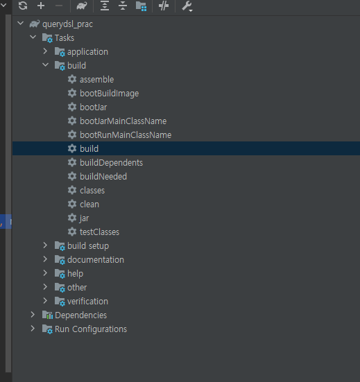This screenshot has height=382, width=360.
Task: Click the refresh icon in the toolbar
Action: pyautogui.click(x=23, y=6)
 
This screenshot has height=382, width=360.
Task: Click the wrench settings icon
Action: pyautogui.click(x=187, y=6)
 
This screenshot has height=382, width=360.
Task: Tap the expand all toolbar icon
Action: pyautogui.click(x=105, y=6)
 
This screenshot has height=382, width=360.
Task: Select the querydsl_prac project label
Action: pyautogui.click(x=67, y=24)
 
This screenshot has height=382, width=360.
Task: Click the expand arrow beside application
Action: pyautogui.click(x=45, y=51)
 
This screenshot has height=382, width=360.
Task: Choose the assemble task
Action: pyautogui.click(x=97, y=80)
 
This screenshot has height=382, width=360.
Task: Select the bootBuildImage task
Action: pyautogui.click(x=109, y=94)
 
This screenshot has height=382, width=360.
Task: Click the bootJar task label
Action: pyautogui.click(x=94, y=107)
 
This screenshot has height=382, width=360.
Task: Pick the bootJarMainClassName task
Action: pyautogui.click(x=123, y=121)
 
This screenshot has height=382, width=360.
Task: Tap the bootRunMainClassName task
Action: pyautogui.click(x=126, y=135)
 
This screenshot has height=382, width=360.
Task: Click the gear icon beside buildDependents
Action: pyautogui.click(x=72, y=162)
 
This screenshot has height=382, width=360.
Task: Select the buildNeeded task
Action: pyautogui.click(x=103, y=176)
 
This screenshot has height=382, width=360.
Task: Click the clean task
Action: pyautogui.click(x=89, y=204)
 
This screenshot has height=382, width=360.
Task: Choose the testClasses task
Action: pyautogui.click(x=99, y=232)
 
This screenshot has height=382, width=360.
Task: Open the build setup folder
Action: pyautogui.click(x=88, y=246)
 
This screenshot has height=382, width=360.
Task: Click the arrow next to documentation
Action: pyautogui.click(x=45, y=259)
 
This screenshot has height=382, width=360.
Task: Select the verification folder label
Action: pyautogui.click(x=87, y=302)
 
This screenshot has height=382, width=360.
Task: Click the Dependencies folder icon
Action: pyautogui.click(x=48, y=315)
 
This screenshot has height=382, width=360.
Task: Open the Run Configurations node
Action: pyautogui.click(x=91, y=329)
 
